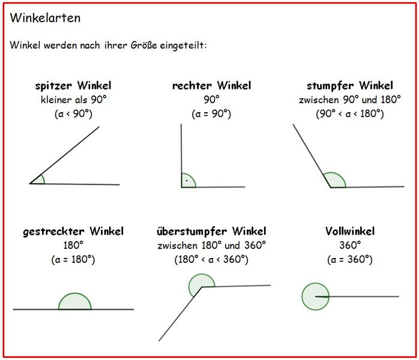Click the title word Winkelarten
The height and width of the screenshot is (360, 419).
click(45, 18)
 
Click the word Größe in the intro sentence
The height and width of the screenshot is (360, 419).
click(143, 45)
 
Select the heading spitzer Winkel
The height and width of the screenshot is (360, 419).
click(73, 85)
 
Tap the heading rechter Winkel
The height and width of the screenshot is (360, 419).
click(212, 85)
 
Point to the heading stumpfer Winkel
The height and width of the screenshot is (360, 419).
click(350, 86)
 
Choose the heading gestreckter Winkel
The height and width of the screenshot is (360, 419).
click(73, 231)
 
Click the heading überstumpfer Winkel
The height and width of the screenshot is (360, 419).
click(211, 231)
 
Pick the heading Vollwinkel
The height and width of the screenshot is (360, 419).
click(350, 231)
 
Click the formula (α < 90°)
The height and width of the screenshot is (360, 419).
click(73, 114)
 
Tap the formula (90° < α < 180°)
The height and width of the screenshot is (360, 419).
click(350, 114)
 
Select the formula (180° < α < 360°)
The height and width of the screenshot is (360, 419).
click(211, 260)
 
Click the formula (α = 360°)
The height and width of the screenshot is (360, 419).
click(350, 260)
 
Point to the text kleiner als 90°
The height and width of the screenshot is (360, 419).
click(73, 100)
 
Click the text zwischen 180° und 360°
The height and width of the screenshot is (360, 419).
click(212, 245)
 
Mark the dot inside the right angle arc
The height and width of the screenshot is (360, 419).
click(187, 181)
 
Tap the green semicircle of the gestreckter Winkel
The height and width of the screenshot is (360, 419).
click(75, 293)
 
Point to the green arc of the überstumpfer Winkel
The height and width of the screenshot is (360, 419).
click(201, 274)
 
